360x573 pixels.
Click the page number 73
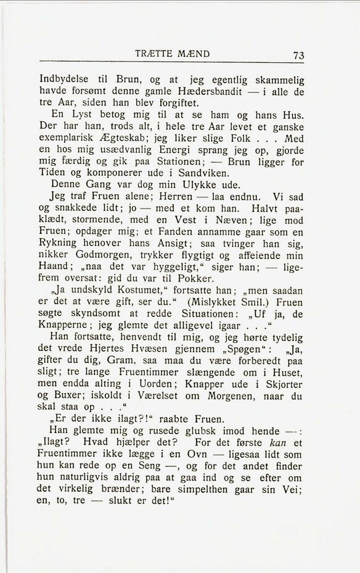(x=299, y=56)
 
